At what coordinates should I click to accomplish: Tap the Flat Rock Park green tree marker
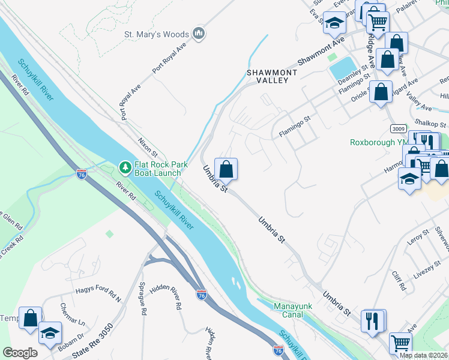[125, 166]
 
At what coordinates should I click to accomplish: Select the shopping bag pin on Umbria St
[226, 169]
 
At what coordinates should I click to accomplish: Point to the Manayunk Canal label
[292, 311]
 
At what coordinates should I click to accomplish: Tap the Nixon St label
[148, 148]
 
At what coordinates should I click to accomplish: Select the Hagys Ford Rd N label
[98, 294]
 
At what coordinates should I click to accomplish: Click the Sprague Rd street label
[143, 298]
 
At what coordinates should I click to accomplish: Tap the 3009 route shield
[397, 128]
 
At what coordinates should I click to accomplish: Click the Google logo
[20, 353]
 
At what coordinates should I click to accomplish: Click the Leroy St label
[418, 238]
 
